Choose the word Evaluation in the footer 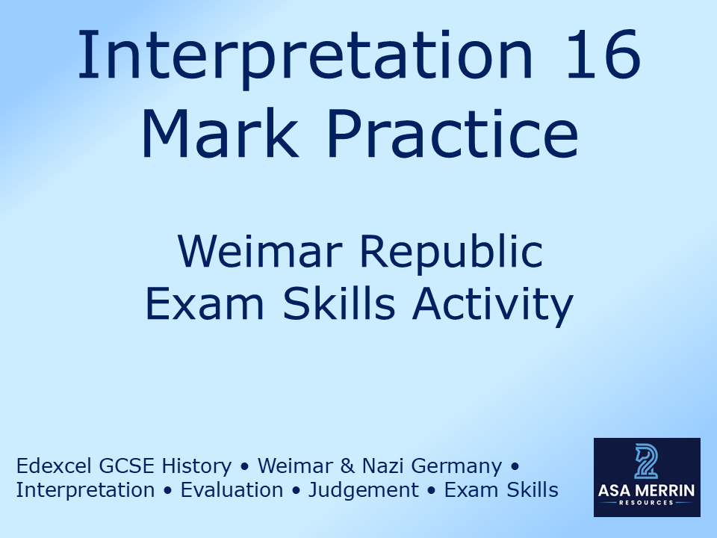point(232,490)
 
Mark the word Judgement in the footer point(364,491)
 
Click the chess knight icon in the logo point(646,461)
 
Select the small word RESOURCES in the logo point(647,503)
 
